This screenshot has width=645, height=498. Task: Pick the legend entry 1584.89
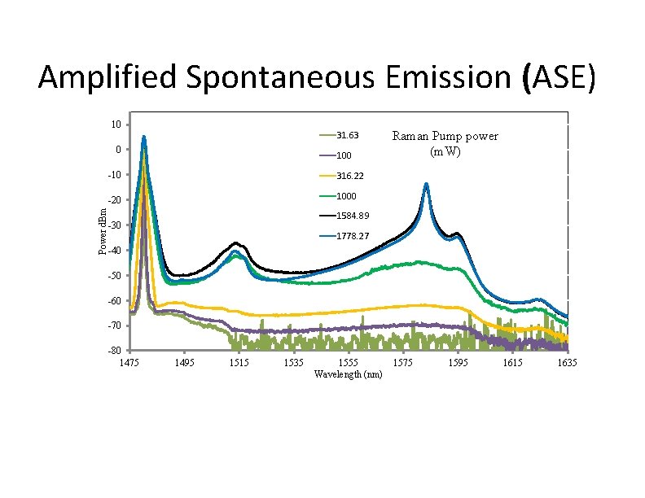click(354, 216)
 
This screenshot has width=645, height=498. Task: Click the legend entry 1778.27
click(354, 236)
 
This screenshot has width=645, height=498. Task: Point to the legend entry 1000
click(348, 196)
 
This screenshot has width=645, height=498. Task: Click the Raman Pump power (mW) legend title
click(445, 143)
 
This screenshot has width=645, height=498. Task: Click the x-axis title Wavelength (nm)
click(347, 374)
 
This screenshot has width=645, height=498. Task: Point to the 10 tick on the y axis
click(116, 124)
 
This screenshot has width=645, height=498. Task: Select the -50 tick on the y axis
click(115, 276)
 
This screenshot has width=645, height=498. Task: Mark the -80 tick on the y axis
click(115, 351)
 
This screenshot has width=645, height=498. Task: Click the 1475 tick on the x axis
click(130, 362)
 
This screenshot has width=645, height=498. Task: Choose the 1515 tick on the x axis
click(239, 362)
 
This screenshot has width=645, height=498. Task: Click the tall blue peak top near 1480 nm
click(144, 137)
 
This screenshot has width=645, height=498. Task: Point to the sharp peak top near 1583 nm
click(426, 185)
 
